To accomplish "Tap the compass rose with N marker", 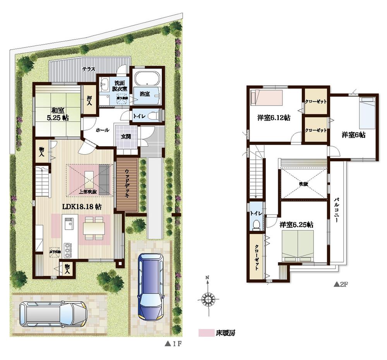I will [x=208, y=298].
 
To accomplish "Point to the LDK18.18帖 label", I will [x=82, y=206].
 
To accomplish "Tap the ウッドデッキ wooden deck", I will [x=127, y=185].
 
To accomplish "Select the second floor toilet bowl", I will [x=255, y=225].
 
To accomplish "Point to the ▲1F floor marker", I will [x=171, y=343].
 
